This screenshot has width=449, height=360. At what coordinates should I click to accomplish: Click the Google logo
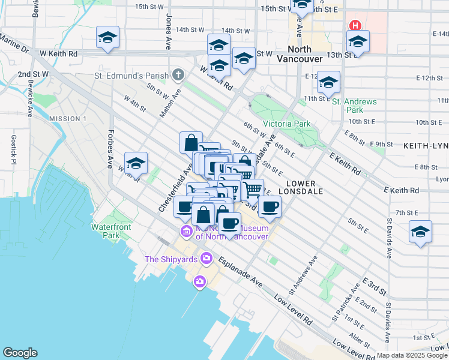(x=20, y=353)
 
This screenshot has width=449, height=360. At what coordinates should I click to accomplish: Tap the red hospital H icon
(x=355, y=25)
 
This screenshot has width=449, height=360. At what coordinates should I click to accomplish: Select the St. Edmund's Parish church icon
(x=178, y=76)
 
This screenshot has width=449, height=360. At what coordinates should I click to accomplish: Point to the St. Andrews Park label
(x=355, y=106)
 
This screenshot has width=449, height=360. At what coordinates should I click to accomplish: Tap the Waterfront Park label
(x=107, y=231)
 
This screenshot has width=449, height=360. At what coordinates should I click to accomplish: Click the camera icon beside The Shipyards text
(x=206, y=259)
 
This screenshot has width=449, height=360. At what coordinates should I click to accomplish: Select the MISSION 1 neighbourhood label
(x=68, y=119)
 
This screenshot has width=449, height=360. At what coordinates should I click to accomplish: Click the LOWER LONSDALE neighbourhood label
(x=306, y=191)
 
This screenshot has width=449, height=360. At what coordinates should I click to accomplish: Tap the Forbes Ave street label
(x=110, y=149)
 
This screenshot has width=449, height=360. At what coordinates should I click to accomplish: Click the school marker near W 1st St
(x=136, y=163)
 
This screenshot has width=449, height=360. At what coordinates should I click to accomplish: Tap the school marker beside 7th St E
(x=420, y=232)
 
